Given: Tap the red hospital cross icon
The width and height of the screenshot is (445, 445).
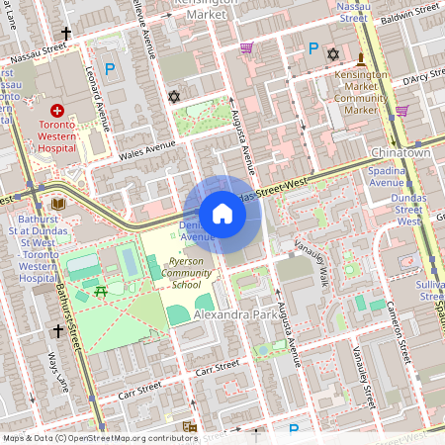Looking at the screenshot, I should point(57,110).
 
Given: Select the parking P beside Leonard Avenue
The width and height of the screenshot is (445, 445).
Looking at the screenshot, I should point(110,69).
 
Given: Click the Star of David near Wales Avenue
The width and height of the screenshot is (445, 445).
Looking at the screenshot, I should point(175,97).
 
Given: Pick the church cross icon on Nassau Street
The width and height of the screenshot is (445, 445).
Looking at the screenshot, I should point(66,35).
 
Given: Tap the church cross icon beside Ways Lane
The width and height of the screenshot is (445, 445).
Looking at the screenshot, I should point(58,331).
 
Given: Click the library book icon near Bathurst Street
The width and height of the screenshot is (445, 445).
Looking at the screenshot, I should point(57,203).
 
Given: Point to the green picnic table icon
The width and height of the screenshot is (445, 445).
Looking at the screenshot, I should point(100,291).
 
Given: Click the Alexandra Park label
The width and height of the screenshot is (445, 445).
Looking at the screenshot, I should point(230,313).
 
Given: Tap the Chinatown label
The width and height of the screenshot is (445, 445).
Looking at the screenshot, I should point(399,154).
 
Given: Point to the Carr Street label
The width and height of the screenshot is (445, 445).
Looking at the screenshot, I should point(218,367).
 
